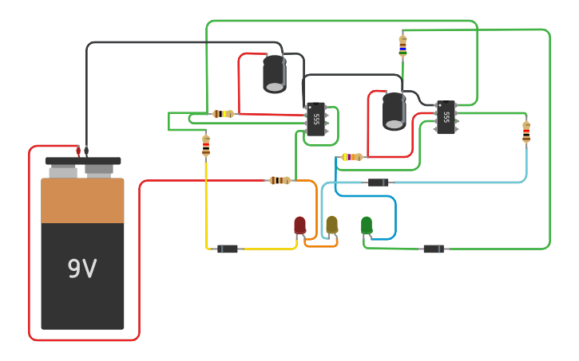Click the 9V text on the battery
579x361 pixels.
[81, 269]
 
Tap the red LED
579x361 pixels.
[299, 226]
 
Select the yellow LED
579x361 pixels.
[331, 226]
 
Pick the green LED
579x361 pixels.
[367, 226]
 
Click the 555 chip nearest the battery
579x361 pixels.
[316, 120]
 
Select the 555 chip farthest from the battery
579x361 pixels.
[446, 117]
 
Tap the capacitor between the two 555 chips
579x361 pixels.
[394, 111]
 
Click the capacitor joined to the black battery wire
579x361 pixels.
[275, 73]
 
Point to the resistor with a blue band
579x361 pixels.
[403, 45]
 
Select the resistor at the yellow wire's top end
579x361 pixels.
[206, 145]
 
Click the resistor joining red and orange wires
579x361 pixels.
[280, 181]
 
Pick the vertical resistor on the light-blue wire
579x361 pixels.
[526, 131]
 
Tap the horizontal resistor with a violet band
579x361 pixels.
[351, 157]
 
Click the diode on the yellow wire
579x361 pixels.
[228, 249]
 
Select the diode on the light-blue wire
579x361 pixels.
[378, 182]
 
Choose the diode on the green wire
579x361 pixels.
[434, 249]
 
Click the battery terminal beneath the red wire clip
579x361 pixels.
[63, 171]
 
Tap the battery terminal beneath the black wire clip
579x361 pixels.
[99, 171]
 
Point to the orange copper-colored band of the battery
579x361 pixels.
[82, 201]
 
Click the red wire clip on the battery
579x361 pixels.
[78, 151]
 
